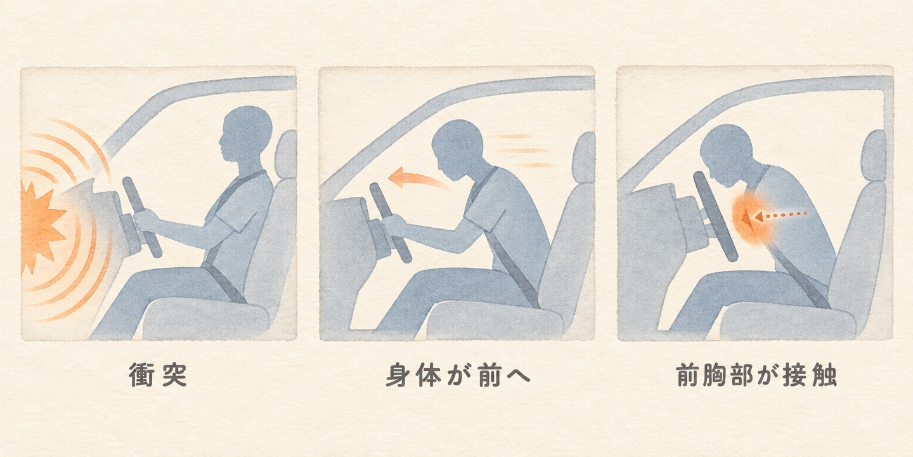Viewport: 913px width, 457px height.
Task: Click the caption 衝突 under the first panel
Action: point(158,374)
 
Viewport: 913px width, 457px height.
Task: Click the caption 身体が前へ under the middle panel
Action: point(458,374)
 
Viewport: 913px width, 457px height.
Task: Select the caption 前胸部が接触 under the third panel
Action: point(756,374)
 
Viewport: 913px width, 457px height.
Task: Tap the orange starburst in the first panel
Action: point(41,227)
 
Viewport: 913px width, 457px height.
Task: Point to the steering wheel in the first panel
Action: point(142,217)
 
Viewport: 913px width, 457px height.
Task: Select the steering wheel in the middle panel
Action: point(390,222)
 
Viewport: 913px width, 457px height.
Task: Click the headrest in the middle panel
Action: point(583,157)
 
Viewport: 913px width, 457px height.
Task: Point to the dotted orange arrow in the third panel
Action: point(774,215)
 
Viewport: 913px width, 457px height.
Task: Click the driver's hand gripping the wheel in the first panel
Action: point(146,221)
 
